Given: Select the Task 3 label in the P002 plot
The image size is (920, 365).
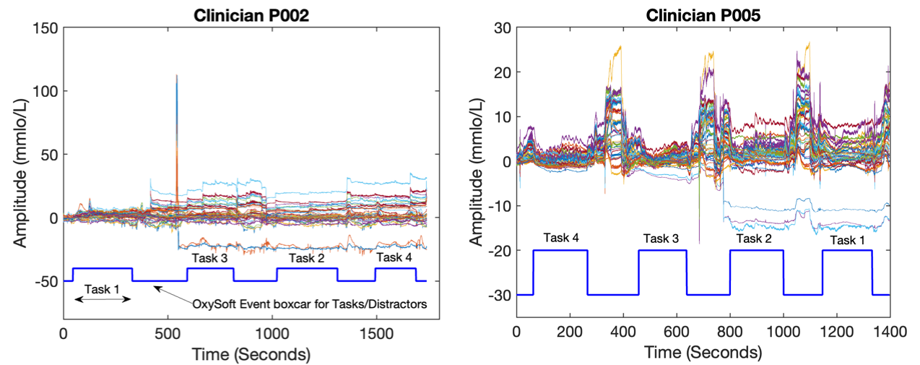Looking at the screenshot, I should [x=209, y=258].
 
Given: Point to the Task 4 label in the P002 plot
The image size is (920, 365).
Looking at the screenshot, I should [x=394, y=258].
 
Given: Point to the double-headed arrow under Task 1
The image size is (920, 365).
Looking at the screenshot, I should [x=103, y=299].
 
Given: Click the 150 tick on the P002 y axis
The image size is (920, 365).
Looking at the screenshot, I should [x=44, y=28].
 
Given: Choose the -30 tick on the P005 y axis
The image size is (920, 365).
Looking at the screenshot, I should [x=500, y=295].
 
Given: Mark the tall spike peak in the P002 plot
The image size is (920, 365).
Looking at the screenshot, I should [x=177, y=75].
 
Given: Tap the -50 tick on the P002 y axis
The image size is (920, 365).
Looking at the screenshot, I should [x=45, y=280].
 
